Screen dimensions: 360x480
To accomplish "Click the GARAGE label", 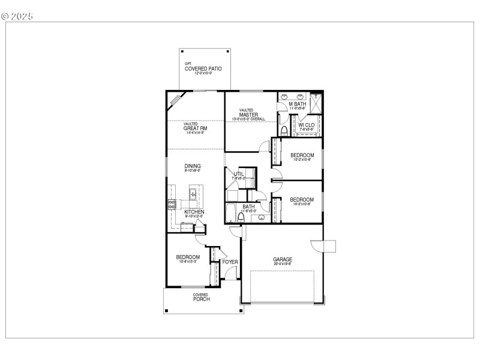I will (x=282, y=259).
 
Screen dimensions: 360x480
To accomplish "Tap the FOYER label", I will (x=230, y=262).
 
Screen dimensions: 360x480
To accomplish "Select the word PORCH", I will (x=201, y=299).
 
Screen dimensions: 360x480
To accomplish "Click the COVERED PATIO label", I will (x=203, y=69).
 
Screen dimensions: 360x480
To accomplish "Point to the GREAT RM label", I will (x=195, y=128).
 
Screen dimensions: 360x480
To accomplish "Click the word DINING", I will (x=193, y=166).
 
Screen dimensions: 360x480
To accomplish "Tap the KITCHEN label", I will (x=194, y=212).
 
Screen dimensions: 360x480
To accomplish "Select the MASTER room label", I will (x=248, y=115).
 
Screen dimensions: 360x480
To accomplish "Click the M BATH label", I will (x=298, y=104).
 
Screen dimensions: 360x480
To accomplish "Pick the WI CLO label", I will (x=307, y=125).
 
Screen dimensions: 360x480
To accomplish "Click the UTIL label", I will (x=239, y=174).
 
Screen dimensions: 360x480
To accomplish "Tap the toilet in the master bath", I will (x=283, y=130).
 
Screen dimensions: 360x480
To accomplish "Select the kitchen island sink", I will (x=194, y=194).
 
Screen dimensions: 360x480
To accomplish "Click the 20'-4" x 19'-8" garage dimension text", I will (x=282, y=264).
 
